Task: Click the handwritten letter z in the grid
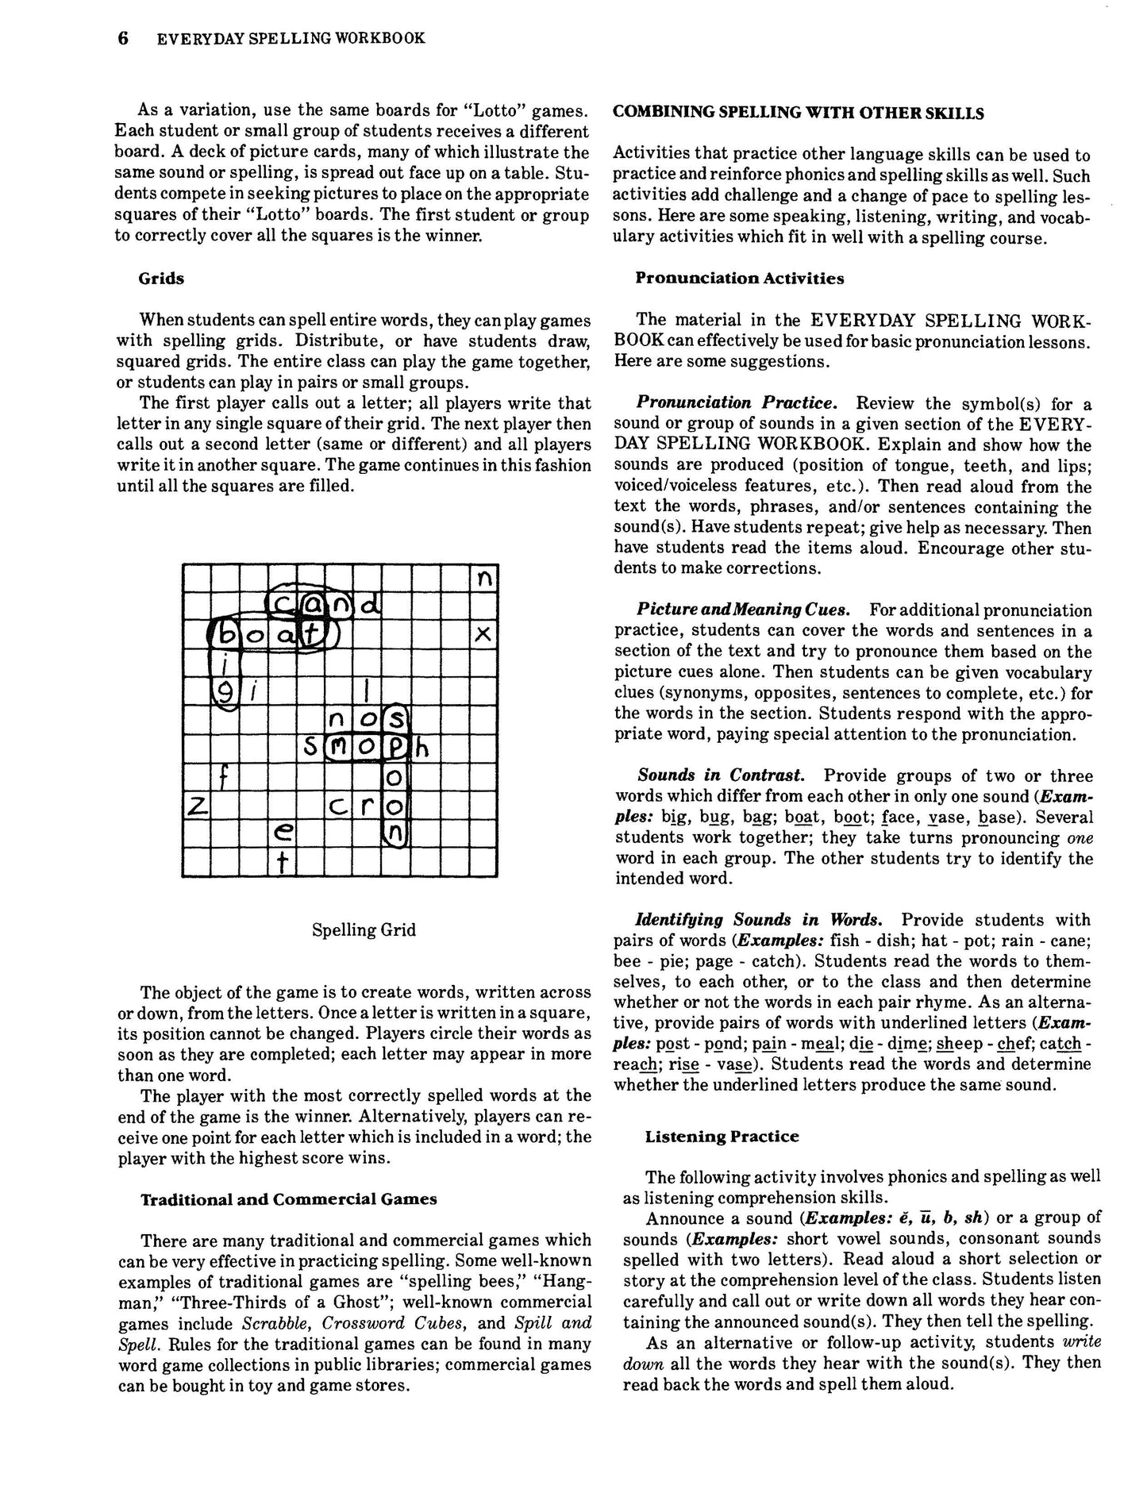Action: tap(196, 806)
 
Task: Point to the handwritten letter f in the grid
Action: tap(224, 776)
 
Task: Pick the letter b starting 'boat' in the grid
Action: tap(225, 635)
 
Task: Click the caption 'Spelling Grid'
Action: tap(364, 929)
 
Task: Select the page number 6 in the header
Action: tap(123, 38)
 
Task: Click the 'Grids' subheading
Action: tap(161, 279)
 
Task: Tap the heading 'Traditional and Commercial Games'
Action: tap(288, 1199)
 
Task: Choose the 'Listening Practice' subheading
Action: tap(722, 1137)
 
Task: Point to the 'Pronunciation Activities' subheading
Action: tap(739, 279)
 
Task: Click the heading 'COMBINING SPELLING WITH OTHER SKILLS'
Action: tap(799, 114)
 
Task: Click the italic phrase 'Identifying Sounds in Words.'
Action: tap(758, 920)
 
